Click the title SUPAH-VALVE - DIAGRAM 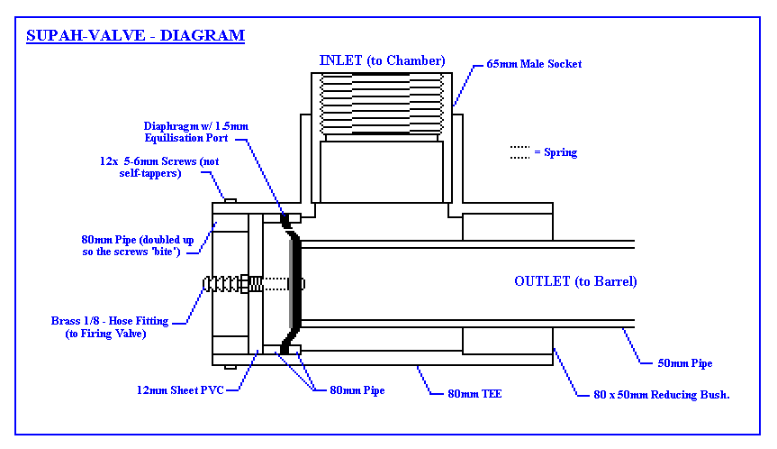tap(135, 36)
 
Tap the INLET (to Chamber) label tap(382, 60)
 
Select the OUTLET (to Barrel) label tap(575, 281)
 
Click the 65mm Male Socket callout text tap(534, 64)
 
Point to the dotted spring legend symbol tap(520, 151)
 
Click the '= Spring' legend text tap(556, 152)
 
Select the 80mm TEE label tap(474, 394)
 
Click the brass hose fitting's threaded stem tap(225, 284)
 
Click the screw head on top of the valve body tap(230, 200)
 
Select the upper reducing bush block tap(507, 226)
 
